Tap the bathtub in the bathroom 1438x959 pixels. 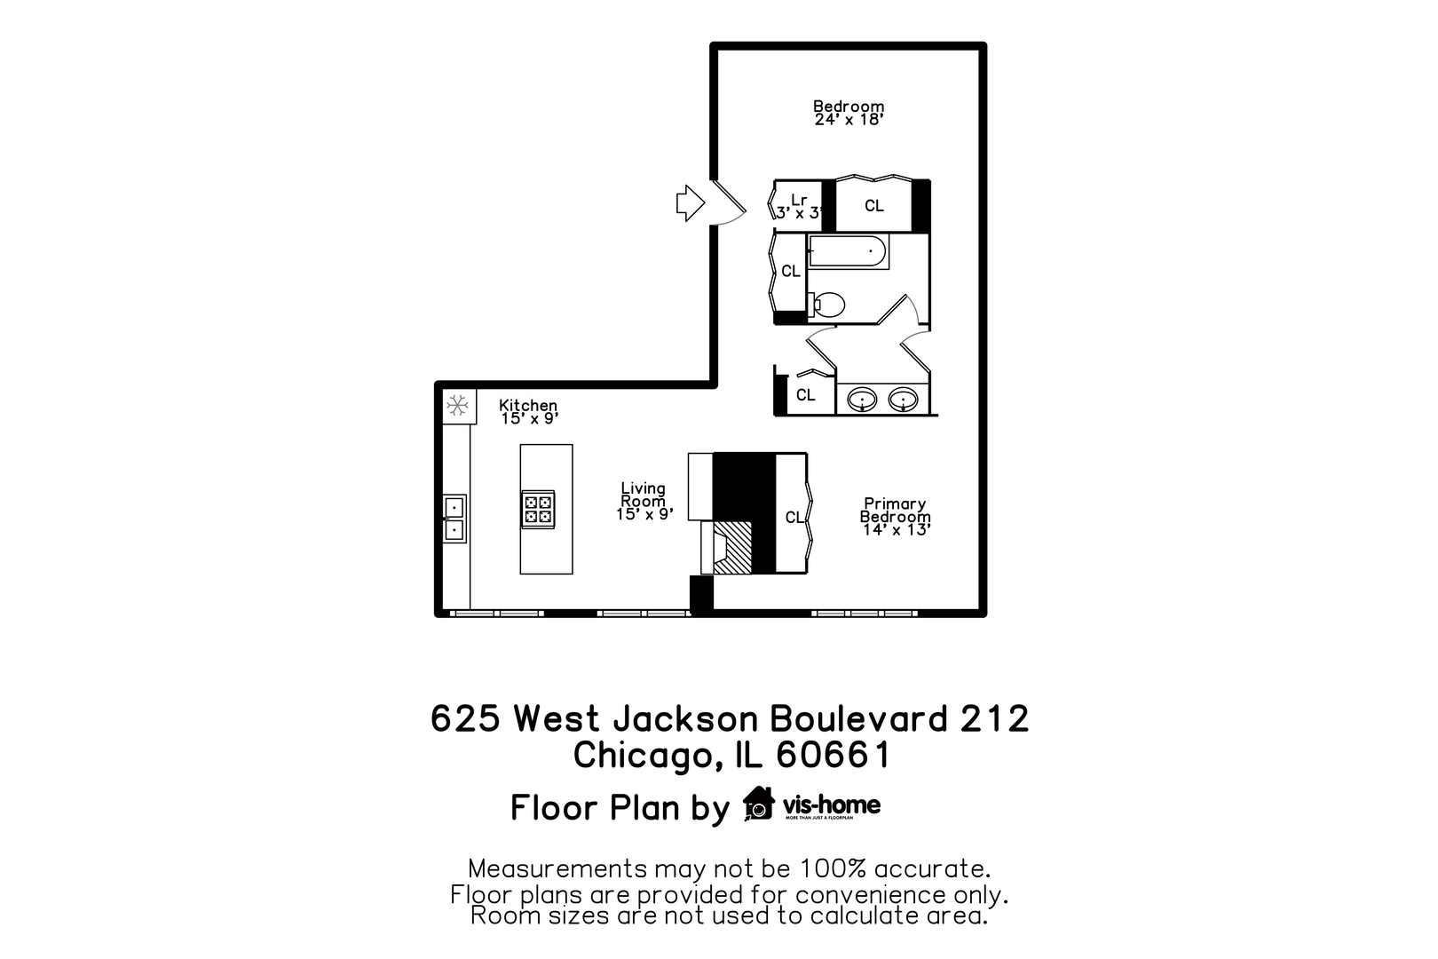848,251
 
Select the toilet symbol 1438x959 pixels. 827,305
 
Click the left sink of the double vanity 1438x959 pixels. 862,400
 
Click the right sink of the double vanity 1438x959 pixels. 903,400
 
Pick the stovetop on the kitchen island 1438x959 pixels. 538,509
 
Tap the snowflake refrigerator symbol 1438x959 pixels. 457,406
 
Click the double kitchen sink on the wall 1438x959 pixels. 454,519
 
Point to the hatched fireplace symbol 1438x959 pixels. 733,546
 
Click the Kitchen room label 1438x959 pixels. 528,405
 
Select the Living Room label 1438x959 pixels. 644,495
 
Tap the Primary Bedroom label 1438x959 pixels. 895,510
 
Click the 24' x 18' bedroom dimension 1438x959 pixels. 849,120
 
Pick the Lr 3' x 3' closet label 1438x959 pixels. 799,206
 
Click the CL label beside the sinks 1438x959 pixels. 805,395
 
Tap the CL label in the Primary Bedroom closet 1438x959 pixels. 794,517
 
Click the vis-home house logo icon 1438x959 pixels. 759,804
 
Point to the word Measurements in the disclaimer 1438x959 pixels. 558,868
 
